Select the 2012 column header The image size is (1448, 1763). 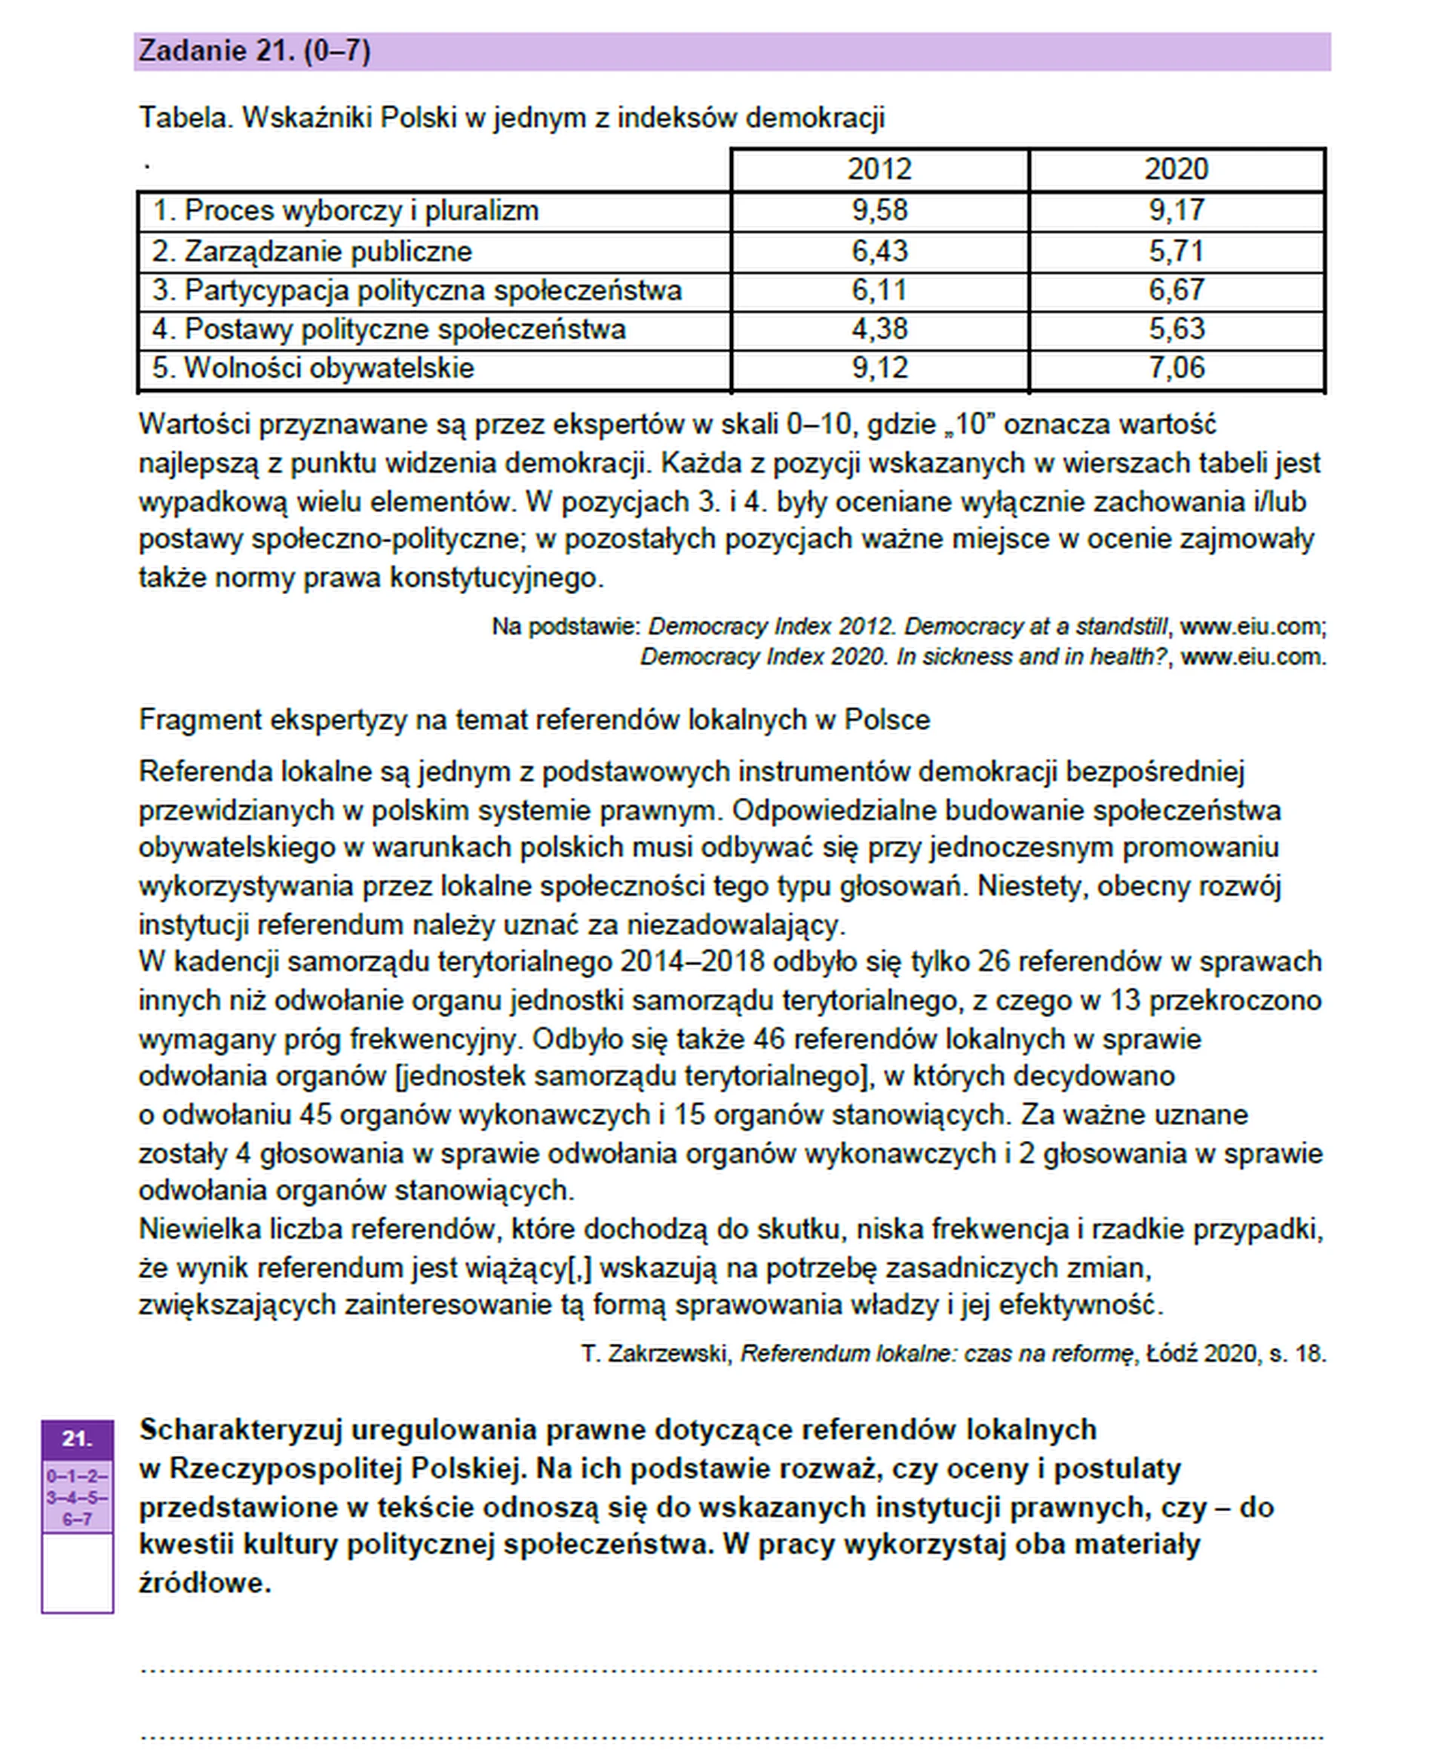(879, 170)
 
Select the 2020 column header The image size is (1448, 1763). (1176, 170)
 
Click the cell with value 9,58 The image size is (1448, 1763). (879, 210)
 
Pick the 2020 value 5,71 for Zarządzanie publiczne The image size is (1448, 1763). (1176, 251)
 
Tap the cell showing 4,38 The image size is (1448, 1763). (879, 329)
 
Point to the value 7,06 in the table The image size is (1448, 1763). (1176, 368)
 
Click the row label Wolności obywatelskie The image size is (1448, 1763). (329, 368)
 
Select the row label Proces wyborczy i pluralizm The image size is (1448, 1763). (360, 210)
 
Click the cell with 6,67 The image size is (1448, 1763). (1176, 290)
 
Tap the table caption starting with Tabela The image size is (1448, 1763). (511, 118)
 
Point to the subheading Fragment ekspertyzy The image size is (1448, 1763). (534, 719)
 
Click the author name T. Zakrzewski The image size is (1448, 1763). (655, 1353)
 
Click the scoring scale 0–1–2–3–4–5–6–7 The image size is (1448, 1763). (77, 1497)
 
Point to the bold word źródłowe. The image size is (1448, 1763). (204, 1583)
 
